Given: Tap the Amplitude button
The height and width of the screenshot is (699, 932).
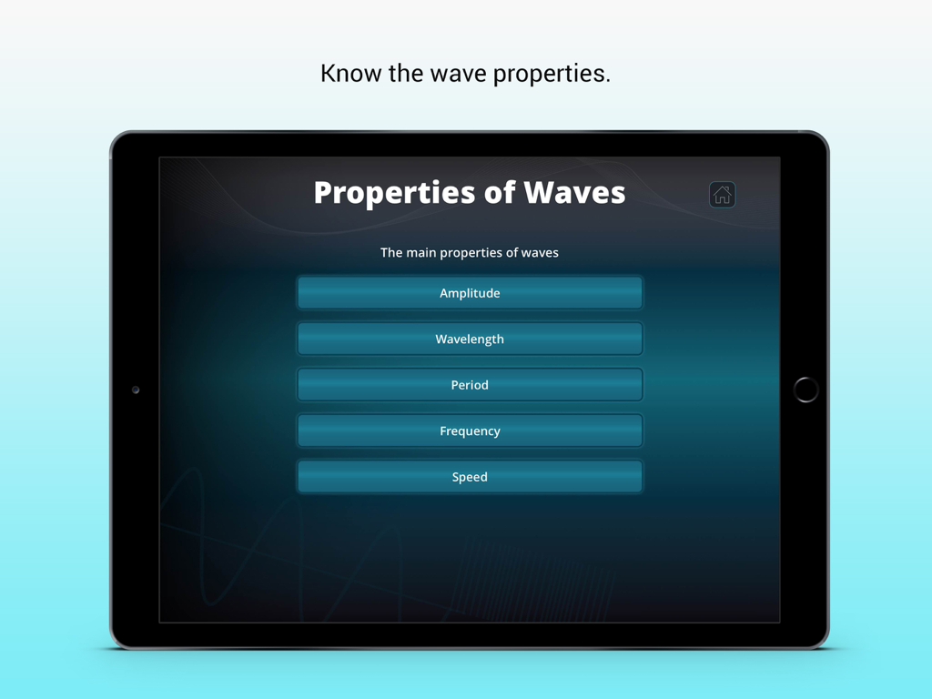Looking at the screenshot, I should pyautogui.click(x=470, y=293).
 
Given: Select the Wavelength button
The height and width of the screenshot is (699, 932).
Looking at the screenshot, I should pyautogui.click(x=470, y=339).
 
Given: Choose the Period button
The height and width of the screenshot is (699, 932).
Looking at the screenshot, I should pyautogui.click(x=470, y=385).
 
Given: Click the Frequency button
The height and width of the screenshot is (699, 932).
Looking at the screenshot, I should pyautogui.click(x=470, y=431).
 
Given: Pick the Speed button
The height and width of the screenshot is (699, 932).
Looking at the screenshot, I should pyautogui.click(x=470, y=477).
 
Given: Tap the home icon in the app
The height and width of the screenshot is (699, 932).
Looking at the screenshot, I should pyautogui.click(x=722, y=195).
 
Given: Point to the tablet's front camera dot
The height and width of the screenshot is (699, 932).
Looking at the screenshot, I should pyautogui.click(x=136, y=390).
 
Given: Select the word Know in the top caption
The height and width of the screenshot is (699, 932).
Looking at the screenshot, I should pyautogui.click(x=351, y=74).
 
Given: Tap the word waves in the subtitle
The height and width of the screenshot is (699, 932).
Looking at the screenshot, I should pyautogui.click(x=540, y=253).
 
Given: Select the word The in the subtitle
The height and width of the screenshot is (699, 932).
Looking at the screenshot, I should pyautogui.click(x=391, y=253).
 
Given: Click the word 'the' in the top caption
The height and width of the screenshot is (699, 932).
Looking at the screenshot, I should pyautogui.click(x=406, y=74).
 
